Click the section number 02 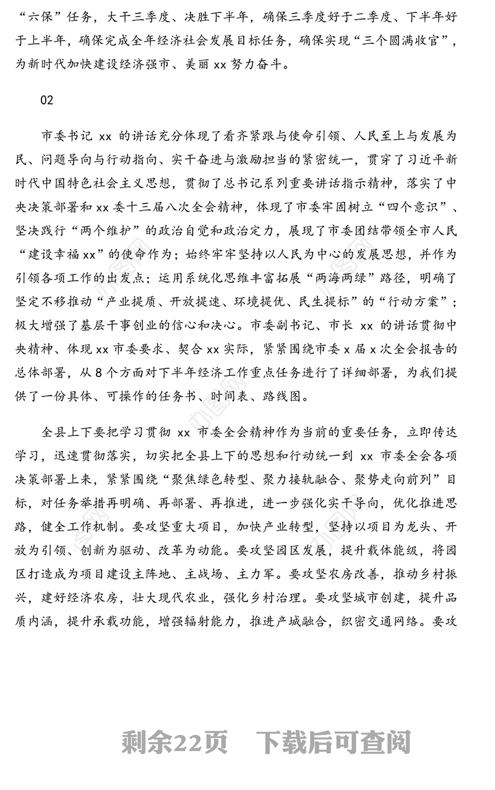coord(47,101)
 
